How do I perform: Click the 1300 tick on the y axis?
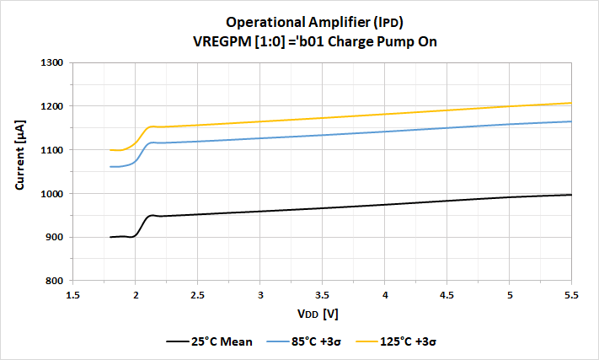click(x=53, y=62)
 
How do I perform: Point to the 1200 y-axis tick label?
click(x=53, y=106)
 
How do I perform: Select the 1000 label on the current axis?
click(x=53, y=194)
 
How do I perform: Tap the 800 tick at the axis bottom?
click(x=56, y=281)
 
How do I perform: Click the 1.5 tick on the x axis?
click(x=73, y=294)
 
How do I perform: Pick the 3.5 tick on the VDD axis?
click(x=322, y=294)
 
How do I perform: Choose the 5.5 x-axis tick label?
click(x=571, y=294)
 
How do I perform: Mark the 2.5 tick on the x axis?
click(x=198, y=294)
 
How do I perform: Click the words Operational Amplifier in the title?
click(x=286, y=22)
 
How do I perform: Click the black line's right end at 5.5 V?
click(x=571, y=195)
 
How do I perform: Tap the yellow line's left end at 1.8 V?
click(x=110, y=150)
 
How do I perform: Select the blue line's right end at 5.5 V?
click(x=571, y=121)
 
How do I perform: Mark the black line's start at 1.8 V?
click(x=110, y=237)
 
